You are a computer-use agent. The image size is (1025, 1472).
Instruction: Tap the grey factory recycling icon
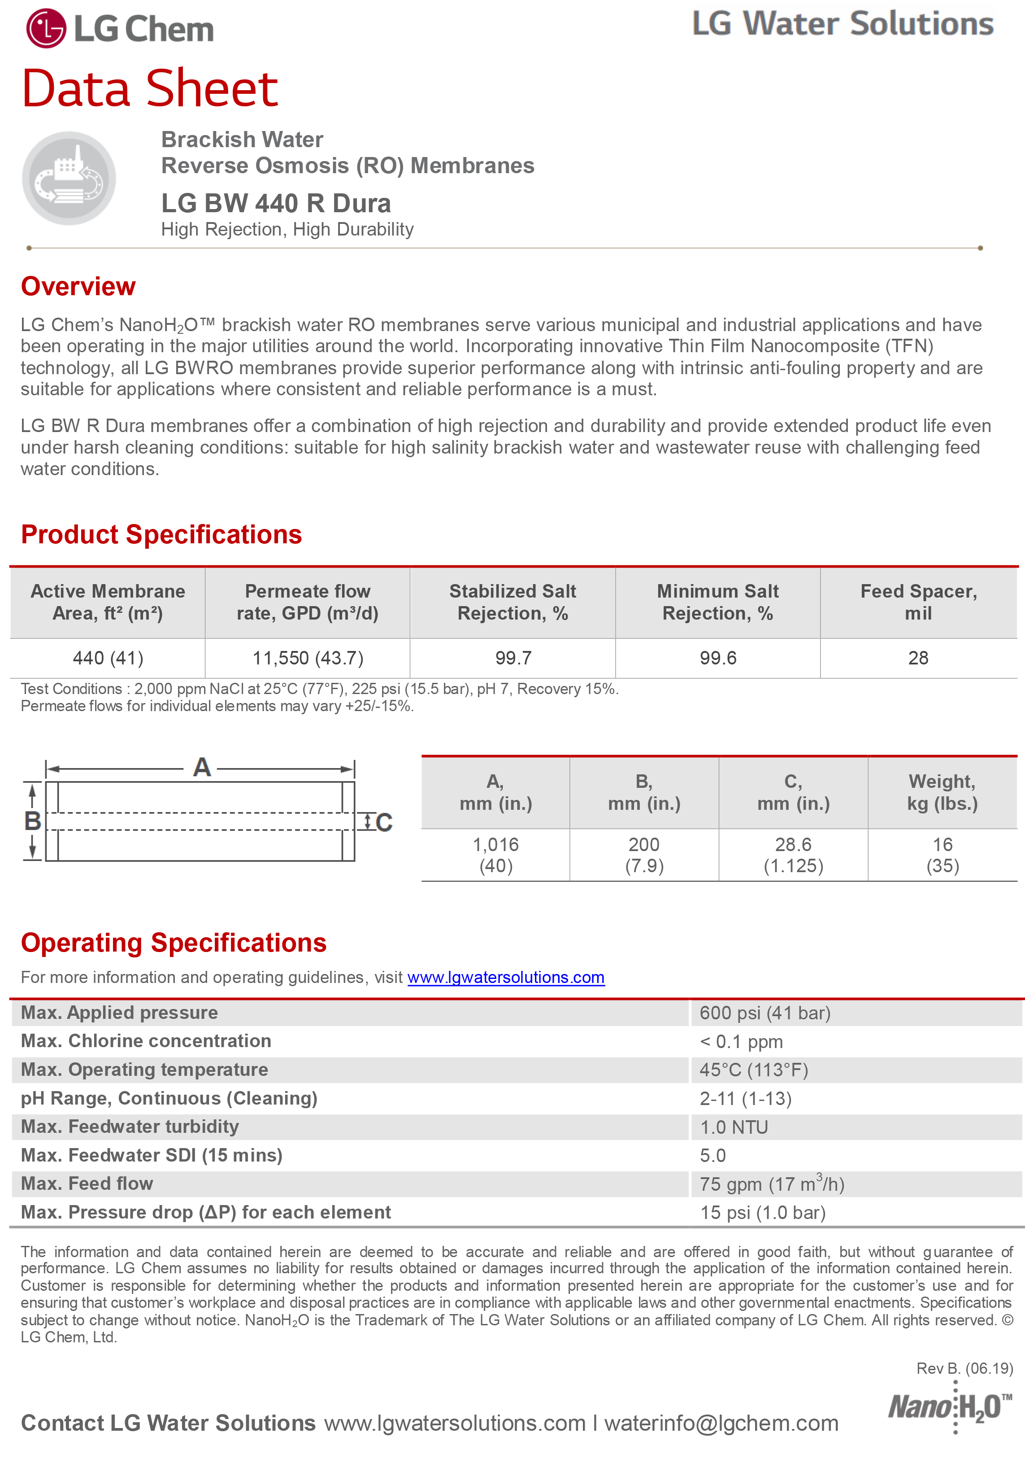coord(69,178)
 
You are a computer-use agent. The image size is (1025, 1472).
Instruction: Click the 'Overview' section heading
coord(78,287)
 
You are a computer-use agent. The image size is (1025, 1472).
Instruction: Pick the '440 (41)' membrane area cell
coord(108,658)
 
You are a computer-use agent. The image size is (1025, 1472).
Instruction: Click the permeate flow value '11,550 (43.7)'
coord(308,658)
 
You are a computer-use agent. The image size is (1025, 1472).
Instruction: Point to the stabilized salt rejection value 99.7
coord(512,658)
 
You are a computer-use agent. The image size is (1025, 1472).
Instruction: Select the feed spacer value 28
coord(918,658)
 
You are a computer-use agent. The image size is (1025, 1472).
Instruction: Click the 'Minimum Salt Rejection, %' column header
coord(717,602)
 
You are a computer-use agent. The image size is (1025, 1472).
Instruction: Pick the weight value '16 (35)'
coord(942,855)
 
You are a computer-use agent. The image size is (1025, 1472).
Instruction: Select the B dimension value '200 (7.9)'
coord(644,855)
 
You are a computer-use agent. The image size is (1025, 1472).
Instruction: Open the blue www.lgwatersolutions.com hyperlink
coord(506,978)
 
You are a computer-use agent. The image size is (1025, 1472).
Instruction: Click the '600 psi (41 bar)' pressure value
coord(765,1013)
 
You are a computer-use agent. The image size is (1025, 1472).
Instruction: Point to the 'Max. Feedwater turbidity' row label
coord(130,1127)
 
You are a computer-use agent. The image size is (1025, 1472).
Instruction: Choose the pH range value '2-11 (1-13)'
coord(746,1099)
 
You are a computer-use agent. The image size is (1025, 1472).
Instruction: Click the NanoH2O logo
coord(949,1406)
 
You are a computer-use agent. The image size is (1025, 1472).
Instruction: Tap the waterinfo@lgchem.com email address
coord(721,1423)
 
